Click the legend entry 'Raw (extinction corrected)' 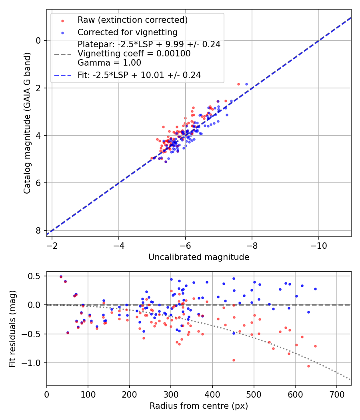coord(132,20)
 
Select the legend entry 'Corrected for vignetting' coord(127,32)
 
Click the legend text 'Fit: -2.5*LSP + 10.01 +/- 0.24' coord(139,75)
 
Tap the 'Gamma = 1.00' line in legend coord(109,63)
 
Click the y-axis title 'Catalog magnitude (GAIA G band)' coord(27,123)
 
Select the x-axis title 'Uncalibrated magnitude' coord(199,257)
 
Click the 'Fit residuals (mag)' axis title coord(12,328)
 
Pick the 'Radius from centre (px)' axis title coord(199,406)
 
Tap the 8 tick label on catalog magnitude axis coord(38,231)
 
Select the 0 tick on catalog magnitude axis coord(38,40)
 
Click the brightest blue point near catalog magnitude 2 coord(246,84)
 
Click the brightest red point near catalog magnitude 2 coord(238,84)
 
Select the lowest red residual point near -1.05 coord(308,366)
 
